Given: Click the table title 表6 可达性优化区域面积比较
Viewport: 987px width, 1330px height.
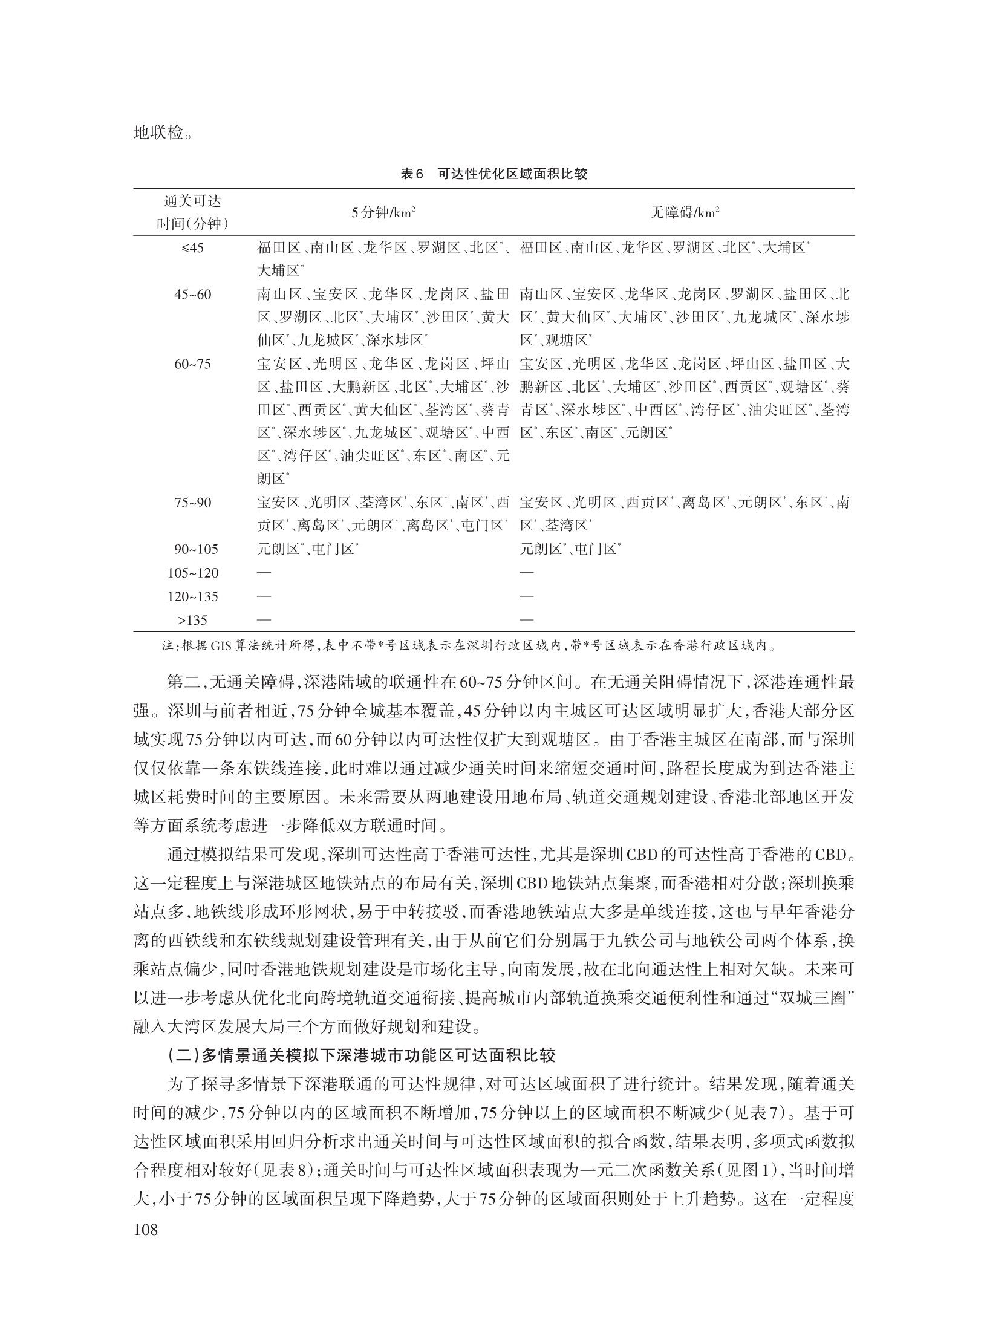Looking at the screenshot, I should pyautogui.click(x=493, y=174).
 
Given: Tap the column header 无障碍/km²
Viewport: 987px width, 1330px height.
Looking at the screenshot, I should pyautogui.click(x=685, y=213).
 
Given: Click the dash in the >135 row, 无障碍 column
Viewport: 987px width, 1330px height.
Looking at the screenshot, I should pyautogui.click(x=526, y=620).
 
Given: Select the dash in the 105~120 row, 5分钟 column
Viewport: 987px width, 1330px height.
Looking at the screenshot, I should pyautogui.click(x=264, y=573).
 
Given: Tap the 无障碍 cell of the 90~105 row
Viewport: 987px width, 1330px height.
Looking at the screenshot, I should pyautogui.click(x=570, y=549).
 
